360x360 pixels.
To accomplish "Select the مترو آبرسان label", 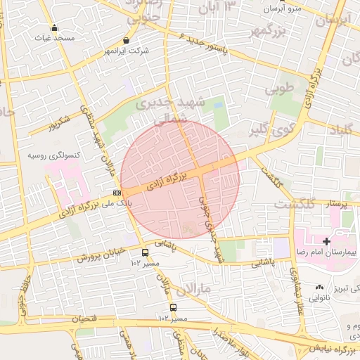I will pos(283,9).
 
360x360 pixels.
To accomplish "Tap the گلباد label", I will pos(340,129).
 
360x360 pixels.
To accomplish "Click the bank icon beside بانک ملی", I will pos(117,193).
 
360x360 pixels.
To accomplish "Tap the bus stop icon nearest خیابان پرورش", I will pos(145,253).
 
